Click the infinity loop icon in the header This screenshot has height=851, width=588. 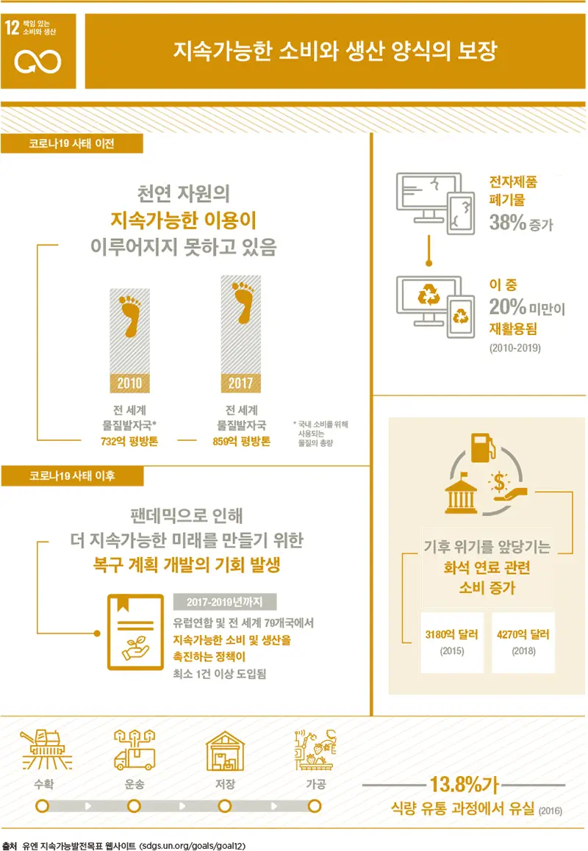[37, 61]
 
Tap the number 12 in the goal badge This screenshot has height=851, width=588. [12, 27]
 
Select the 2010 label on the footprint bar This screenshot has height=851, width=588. [130, 383]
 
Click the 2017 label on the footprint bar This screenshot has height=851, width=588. [240, 383]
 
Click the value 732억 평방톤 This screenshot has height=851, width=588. [129, 441]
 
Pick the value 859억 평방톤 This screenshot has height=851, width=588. [241, 441]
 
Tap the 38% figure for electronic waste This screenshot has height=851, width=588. [508, 222]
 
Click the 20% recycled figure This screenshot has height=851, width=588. [508, 306]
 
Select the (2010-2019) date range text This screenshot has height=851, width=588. [514, 348]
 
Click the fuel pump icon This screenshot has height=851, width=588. [483, 448]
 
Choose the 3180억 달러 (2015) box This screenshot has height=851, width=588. [452, 642]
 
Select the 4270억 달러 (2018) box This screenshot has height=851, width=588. [523, 642]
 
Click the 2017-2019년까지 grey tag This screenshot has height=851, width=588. [225, 602]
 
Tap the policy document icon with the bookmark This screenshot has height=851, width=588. [136, 632]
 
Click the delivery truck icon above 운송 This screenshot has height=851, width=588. [135, 750]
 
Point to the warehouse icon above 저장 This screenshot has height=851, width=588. [226, 750]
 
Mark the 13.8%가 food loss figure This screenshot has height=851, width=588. [465, 784]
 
